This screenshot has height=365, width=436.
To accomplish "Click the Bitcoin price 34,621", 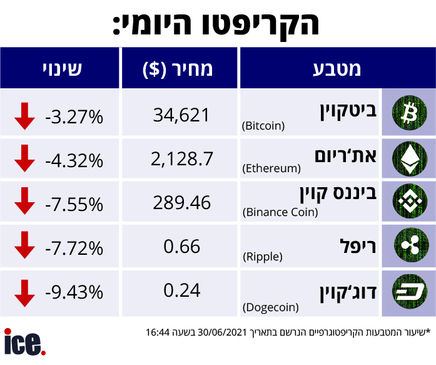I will [x=181, y=114].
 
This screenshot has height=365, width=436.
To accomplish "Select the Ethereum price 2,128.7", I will [x=181, y=159].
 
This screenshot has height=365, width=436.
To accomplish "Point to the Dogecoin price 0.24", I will [x=181, y=290].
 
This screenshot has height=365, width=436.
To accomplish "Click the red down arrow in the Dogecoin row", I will [x=24, y=292].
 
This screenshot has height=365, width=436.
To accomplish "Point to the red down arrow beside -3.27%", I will [x=24, y=116].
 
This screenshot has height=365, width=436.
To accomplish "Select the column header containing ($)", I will [x=179, y=68].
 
